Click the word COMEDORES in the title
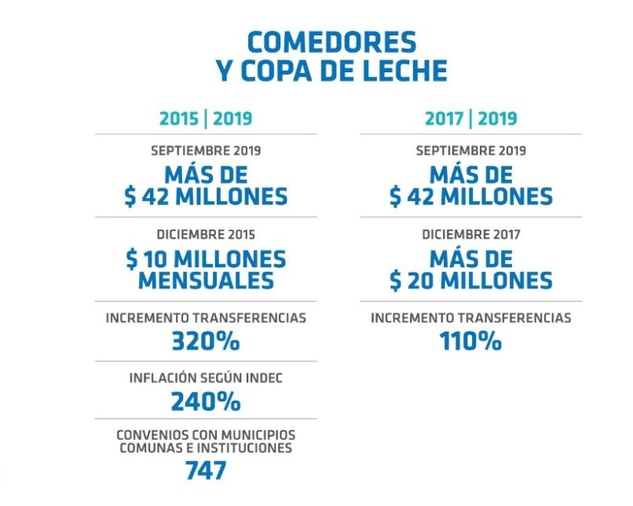click(331, 42)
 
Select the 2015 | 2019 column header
click(206, 119)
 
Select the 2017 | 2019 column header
click(471, 119)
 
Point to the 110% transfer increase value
click(471, 342)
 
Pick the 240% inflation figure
click(206, 401)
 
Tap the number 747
click(206, 471)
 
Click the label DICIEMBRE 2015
click(206, 234)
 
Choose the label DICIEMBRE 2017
click(471, 234)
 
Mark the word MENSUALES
click(206, 280)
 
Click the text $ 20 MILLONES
click(471, 280)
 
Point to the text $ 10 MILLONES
click(206, 258)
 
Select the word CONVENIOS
click(151, 434)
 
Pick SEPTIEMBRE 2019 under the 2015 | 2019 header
click(206, 151)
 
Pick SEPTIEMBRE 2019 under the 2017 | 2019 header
click(471, 151)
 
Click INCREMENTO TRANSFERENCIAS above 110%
click(471, 318)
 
